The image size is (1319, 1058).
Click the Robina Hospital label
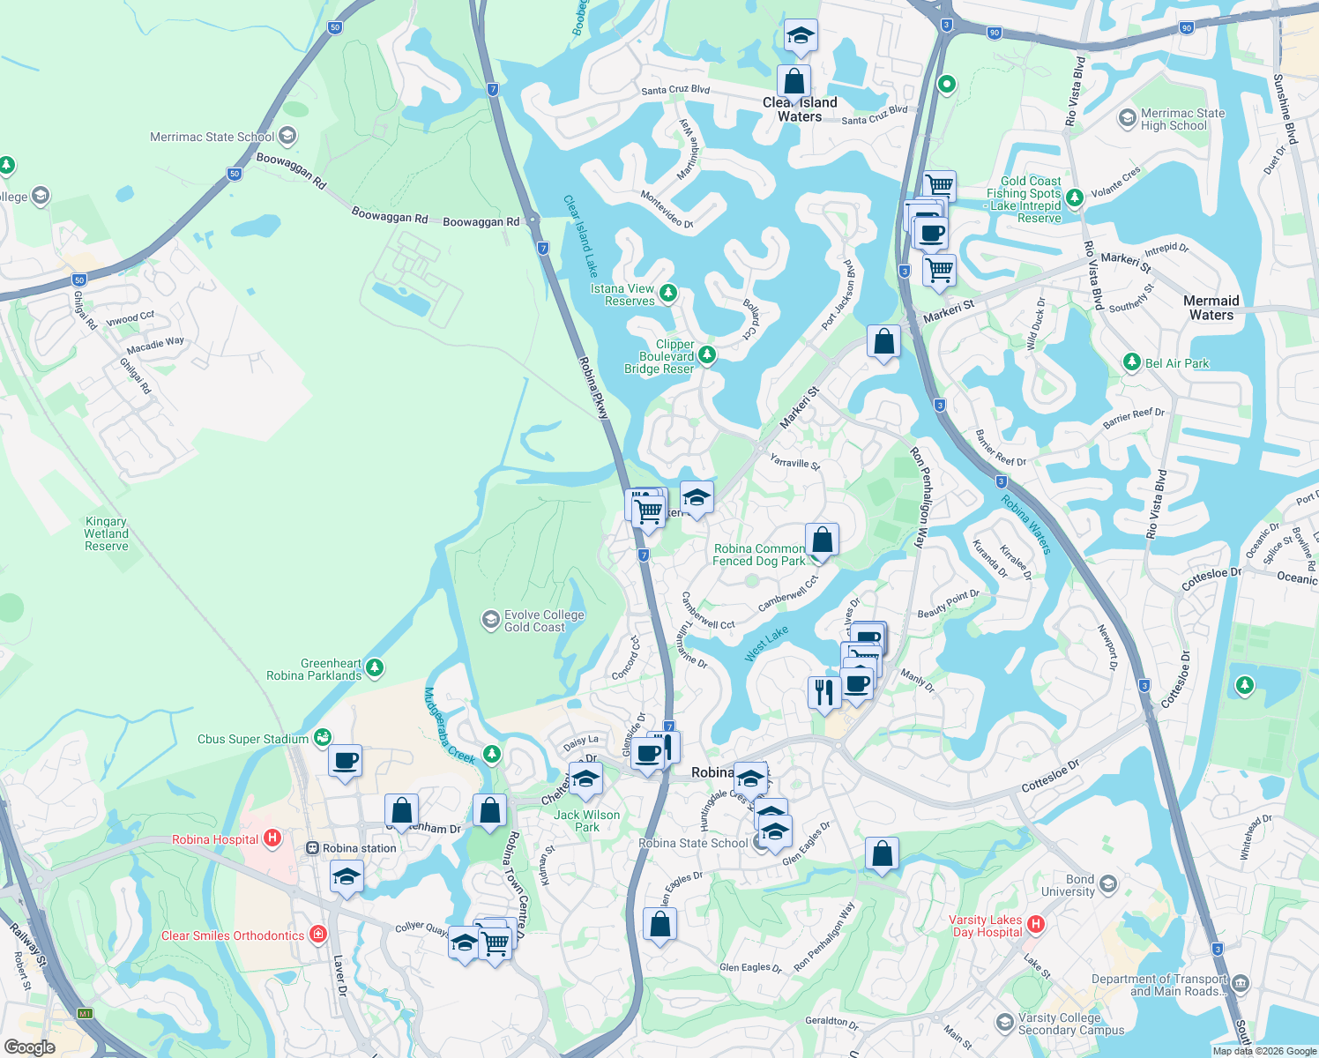click(x=215, y=839)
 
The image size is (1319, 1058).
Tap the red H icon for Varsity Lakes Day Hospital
click(x=1036, y=924)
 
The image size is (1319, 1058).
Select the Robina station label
click(x=359, y=848)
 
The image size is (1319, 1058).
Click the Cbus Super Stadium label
click(x=253, y=739)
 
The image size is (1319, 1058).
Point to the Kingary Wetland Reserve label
click(x=107, y=533)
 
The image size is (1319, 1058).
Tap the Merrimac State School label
click(x=212, y=137)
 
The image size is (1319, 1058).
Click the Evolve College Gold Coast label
click(x=543, y=621)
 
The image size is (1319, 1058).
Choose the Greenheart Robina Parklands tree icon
click(x=375, y=667)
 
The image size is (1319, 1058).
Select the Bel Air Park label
click(x=1176, y=363)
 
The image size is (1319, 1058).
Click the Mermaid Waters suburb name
click(x=1211, y=308)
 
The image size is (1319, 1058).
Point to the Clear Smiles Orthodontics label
click(x=232, y=935)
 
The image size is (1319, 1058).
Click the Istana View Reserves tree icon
click(x=668, y=292)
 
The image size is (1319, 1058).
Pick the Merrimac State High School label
click(x=1181, y=119)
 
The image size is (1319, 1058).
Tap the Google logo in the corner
click(x=29, y=1047)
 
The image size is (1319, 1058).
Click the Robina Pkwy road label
click(x=593, y=387)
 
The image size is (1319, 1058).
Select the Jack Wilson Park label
click(x=586, y=821)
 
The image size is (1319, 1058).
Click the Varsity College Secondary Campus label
click(x=1070, y=1024)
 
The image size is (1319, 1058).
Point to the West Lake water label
click(x=766, y=644)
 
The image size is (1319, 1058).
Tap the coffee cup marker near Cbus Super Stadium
click(x=345, y=760)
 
